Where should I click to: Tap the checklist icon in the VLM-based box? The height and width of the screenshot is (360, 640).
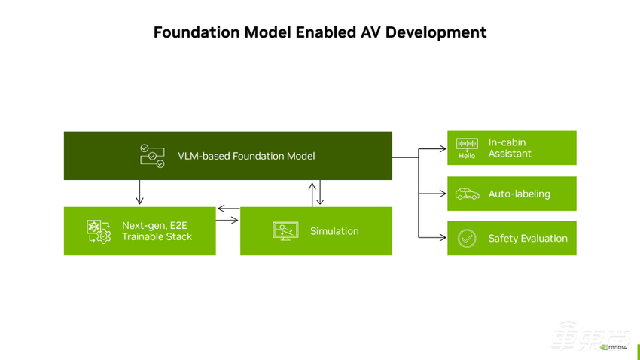click(x=152, y=156)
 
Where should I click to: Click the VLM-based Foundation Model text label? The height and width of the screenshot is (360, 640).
click(x=246, y=156)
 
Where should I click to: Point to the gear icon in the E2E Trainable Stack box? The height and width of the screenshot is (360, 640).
click(x=99, y=231)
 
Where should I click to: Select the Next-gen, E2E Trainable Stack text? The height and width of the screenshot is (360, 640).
click(x=157, y=231)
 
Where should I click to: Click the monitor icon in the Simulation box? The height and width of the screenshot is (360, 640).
click(x=285, y=230)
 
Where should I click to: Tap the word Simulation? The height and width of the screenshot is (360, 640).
click(x=334, y=231)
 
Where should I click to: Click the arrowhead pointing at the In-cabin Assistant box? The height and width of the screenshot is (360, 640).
click(x=442, y=149)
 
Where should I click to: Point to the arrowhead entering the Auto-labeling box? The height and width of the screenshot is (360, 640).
click(x=442, y=194)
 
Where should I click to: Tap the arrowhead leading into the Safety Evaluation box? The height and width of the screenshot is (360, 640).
click(x=442, y=238)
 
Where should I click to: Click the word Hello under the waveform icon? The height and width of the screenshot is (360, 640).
click(x=467, y=156)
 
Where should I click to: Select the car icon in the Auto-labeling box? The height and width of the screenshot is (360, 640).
click(x=467, y=194)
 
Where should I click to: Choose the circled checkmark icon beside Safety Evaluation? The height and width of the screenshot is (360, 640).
click(x=467, y=239)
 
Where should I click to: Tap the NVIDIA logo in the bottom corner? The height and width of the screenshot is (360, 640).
click(x=614, y=347)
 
